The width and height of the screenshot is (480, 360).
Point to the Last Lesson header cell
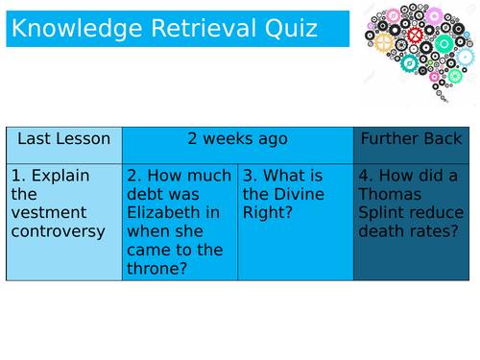tap(64, 139)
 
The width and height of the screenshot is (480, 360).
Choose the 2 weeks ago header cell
tap(238, 139)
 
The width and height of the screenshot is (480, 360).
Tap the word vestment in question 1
tap(49, 213)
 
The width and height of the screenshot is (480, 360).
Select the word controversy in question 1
tap(57, 231)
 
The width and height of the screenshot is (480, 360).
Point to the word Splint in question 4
tap(381, 213)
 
